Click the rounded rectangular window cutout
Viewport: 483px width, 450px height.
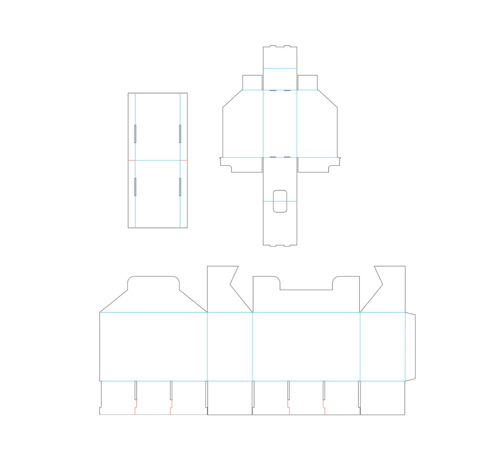pyautogui.click(x=280, y=201)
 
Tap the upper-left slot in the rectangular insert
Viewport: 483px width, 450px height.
pyautogui.click(x=135, y=134)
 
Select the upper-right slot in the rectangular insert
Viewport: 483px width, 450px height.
pyautogui.click(x=180, y=134)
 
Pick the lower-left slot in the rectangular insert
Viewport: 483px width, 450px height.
pyautogui.click(x=135, y=187)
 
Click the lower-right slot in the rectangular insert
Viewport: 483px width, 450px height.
pyautogui.click(x=180, y=187)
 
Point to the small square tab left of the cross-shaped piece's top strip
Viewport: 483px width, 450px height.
pyautogui.click(x=252, y=83)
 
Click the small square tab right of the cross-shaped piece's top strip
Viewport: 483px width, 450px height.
pyautogui.click(x=308, y=83)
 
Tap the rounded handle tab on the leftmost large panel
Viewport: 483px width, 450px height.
pyautogui.click(x=153, y=283)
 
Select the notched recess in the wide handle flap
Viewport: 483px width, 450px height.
pyautogui.click(x=306, y=283)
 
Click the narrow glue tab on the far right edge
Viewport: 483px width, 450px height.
pyautogui.click(x=411, y=346)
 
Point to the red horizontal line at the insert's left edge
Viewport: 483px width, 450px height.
pyautogui.click(x=131, y=160)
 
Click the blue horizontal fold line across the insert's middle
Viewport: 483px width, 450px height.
pyautogui.click(x=158, y=160)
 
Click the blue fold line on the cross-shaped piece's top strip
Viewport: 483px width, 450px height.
pyautogui.click(x=280, y=69)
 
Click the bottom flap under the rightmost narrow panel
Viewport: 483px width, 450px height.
pyautogui.click(x=382, y=398)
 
